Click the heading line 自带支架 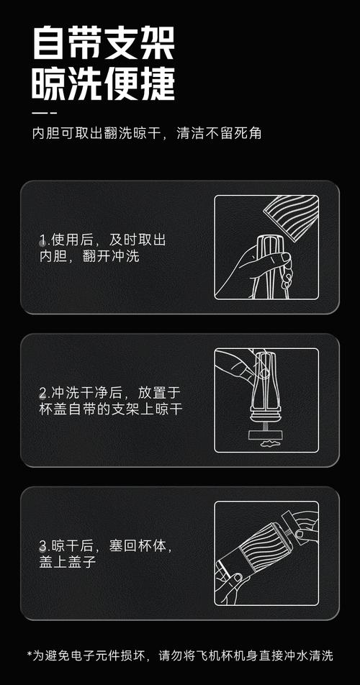pyautogui.click(x=103, y=45)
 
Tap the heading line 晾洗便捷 pyautogui.click(x=103, y=84)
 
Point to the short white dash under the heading pyautogui.click(x=45, y=113)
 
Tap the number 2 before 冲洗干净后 pyautogui.click(x=43, y=394)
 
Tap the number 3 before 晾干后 pyautogui.click(x=43, y=546)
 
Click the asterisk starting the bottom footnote pyautogui.click(x=30, y=655)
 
